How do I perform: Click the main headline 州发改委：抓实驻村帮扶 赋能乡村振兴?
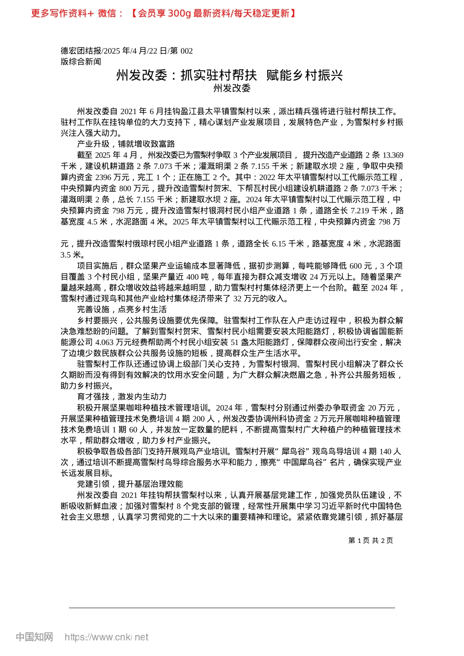point(230,75)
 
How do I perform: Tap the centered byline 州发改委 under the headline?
point(232,88)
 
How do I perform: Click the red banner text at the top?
point(164,13)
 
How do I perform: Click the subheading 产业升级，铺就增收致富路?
point(126,144)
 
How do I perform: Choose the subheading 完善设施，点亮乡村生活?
point(122,309)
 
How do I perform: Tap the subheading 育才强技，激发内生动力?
point(122,397)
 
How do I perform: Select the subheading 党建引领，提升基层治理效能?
point(130,484)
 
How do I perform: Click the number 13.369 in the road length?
point(393,155)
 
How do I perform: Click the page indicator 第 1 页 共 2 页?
point(371,540)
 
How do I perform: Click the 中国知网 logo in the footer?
point(34,637)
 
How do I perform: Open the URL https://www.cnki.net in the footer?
point(106,637)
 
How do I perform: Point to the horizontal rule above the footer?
point(232,608)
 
